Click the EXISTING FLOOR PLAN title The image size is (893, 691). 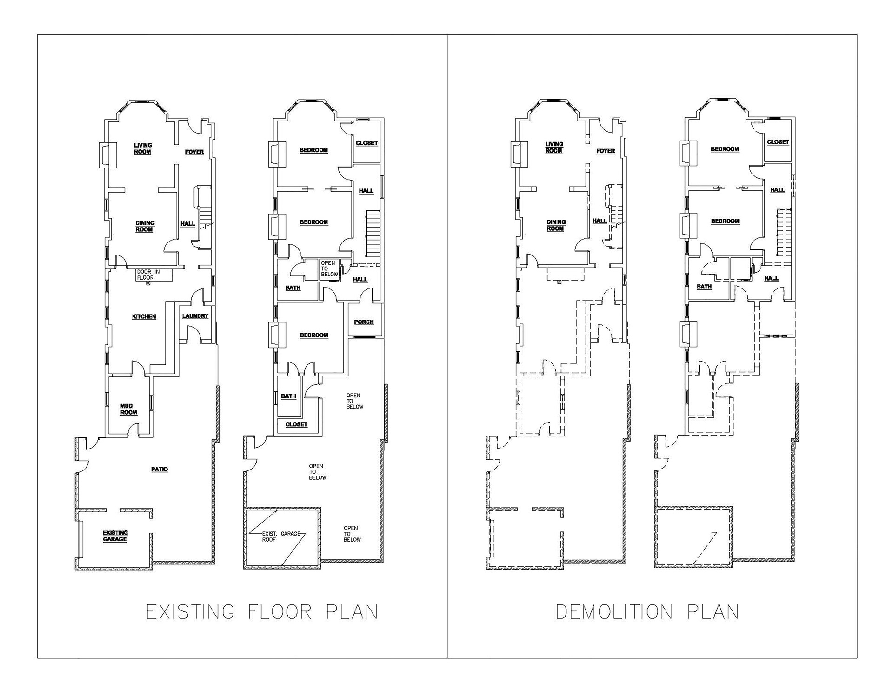(x=262, y=612)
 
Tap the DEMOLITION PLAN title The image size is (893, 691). (x=647, y=612)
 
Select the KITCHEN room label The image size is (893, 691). (x=144, y=317)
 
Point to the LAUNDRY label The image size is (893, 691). (x=195, y=316)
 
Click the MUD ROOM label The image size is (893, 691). (x=129, y=409)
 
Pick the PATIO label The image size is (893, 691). (x=160, y=470)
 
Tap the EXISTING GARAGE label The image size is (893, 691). (x=115, y=536)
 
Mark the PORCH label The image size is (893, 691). (x=364, y=322)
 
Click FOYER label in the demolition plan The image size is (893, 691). (x=606, y=151)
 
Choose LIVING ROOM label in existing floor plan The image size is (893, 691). (x=143, y=148)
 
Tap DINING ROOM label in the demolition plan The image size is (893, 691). (x=556, y=225)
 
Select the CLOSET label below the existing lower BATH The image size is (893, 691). (x=296, y=424)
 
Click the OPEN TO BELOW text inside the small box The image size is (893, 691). (x=329, y=269)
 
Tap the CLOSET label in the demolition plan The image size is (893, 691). (x=778, y=142)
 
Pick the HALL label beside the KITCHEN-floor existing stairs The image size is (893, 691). (x=188, y=224)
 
